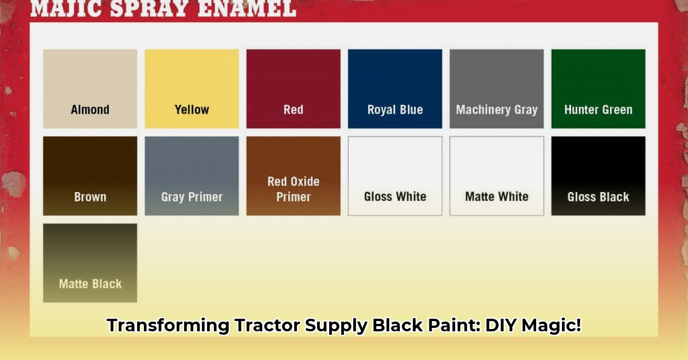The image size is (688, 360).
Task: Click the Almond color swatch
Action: pos(90,88)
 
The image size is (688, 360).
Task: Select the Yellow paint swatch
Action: pos(191,88)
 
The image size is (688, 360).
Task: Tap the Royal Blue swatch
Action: pos(395,88)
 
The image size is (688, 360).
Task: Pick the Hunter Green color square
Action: pos(598,88)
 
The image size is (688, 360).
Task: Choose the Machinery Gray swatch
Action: pos(497,88)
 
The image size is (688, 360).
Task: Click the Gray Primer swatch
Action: pos(191,175)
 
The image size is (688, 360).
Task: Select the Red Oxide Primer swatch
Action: pos(293,175)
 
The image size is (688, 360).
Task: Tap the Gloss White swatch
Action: pos(395,175)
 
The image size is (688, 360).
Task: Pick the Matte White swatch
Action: pos(497,175)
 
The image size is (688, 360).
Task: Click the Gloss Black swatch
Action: pos(598,175)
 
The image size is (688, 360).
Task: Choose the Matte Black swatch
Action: pos(90,263)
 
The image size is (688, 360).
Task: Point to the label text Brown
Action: pos(90,197)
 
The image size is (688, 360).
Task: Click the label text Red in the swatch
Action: pos(293,109)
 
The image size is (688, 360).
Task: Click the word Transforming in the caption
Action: pos(168,326)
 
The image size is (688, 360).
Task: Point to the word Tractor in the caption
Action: pos(266,326)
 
